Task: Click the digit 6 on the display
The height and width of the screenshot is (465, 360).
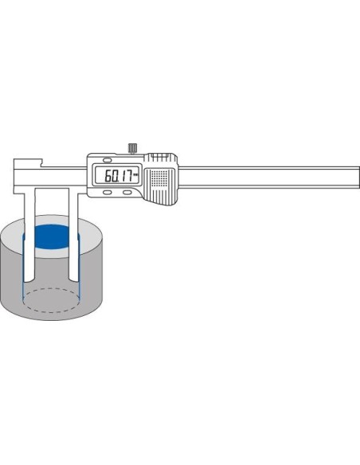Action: (108, 176)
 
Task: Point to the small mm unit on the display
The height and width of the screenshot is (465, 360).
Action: (135, 174)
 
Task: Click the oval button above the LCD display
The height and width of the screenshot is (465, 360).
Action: (107, 160)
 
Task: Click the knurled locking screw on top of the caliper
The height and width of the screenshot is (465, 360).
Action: (132, 148)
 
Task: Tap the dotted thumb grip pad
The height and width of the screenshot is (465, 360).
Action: (159, 177)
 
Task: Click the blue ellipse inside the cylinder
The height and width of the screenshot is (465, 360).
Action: (53, 236)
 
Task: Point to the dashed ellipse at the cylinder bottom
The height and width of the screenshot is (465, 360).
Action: (51, 300)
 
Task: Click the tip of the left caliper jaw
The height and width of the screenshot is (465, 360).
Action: (29, 280)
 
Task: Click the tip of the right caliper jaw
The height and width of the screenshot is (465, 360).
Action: (73, 280)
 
